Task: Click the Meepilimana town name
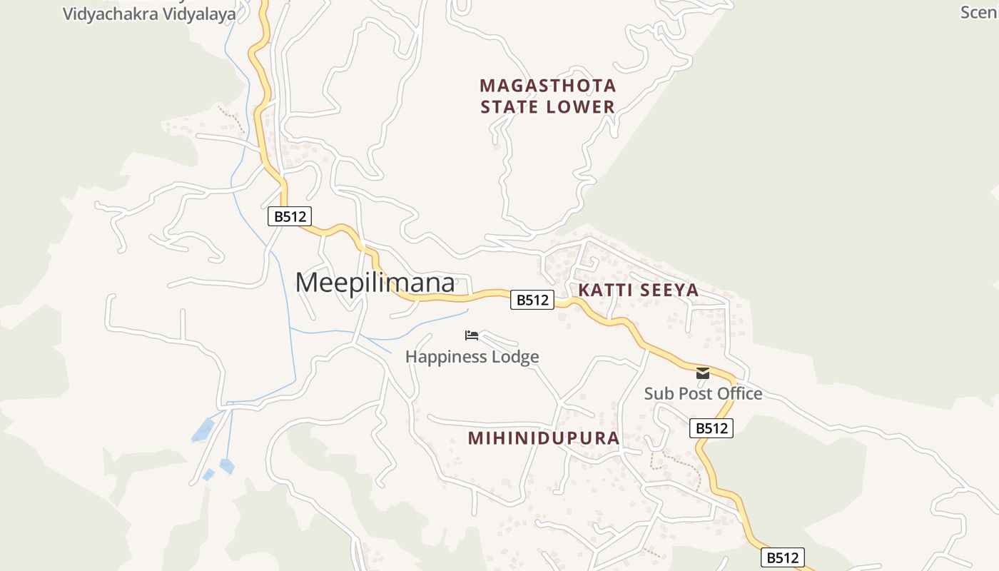375,283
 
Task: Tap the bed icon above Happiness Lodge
472,335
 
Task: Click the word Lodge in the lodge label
515,356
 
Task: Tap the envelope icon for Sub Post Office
703,373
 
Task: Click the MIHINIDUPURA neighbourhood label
544,438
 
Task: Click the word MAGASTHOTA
548,86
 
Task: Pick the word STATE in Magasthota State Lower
509,107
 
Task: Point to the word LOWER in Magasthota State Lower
580,107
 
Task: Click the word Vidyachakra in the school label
107,14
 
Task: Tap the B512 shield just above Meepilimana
290,216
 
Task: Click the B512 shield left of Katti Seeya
532,300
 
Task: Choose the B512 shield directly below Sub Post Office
711,428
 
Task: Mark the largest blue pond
203,430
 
